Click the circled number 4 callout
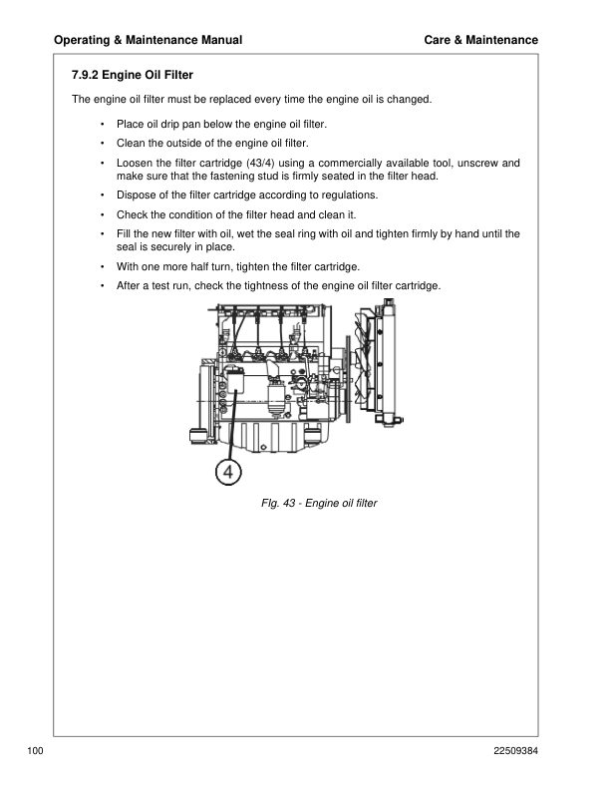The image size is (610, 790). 228,473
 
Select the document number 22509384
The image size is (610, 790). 511,749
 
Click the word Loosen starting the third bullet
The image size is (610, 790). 138,162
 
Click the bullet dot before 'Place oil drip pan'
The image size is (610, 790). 103,124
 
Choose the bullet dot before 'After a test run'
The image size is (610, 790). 103,287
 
